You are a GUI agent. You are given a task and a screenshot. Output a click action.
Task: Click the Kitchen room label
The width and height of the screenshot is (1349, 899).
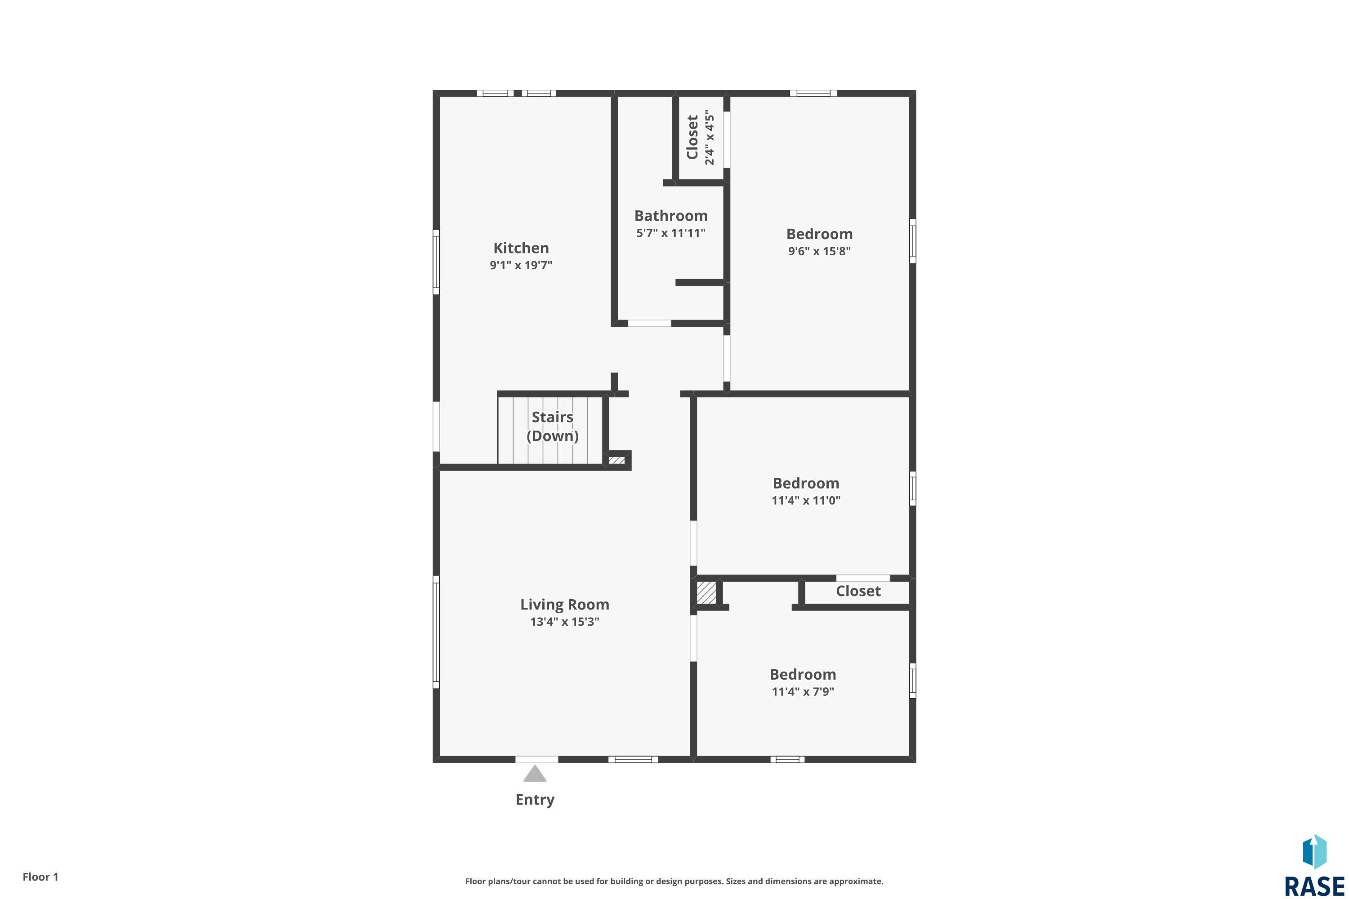pyautogui.click(x=521, y=248)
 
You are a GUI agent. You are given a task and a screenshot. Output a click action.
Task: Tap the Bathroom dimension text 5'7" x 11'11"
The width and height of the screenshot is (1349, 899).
pyautogui.click(x=670, y=233)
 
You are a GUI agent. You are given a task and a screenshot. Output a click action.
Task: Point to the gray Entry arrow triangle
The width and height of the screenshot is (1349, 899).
pyautogui.click(x=535, y=774)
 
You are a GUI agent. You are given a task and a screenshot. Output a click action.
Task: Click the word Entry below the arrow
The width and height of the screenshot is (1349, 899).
pyautogui.click(x=535, y=799)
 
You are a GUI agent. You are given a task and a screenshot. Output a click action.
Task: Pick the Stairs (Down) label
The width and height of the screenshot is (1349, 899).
pyautogui.click(x=552, y=426)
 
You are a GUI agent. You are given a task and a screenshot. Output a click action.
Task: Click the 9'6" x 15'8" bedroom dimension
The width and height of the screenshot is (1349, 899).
pyautogui.click(x=819, y=251)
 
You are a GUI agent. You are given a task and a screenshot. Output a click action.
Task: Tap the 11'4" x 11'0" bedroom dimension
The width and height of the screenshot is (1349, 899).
pyautogui.click(x=806, y=500)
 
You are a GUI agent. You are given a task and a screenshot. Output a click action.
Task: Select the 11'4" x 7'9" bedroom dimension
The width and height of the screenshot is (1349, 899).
pyautogui.click(x=802, y=691)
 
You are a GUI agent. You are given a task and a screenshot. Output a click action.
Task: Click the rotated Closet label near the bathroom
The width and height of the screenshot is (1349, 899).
pyautogui.click(x=692, y=137)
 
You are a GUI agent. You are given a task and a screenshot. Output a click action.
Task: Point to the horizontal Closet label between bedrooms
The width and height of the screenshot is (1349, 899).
pyautogui.click(x=858, y=591)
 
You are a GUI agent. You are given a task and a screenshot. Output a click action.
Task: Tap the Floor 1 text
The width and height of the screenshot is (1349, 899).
pyautogui.click(x=40, y=877)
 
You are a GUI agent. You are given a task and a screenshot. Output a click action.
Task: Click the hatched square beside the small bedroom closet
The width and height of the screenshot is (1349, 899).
pyautogui.click(x=706, y=593)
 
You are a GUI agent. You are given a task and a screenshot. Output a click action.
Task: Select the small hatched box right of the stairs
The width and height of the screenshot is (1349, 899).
pyautogui.click(x=616, y=460)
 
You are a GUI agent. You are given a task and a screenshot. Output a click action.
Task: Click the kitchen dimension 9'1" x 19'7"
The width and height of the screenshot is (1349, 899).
pyautogui.click(x=521, y=265)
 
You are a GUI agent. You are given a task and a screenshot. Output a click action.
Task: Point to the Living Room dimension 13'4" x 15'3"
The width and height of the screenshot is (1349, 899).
pyautogui.click(x=564, y=622)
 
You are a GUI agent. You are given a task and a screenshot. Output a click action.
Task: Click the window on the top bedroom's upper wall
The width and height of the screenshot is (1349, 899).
pyautogui.click(x=813, y=93)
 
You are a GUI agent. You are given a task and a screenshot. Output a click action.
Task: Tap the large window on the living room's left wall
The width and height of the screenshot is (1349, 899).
pyautogui.click(x=436, y=632)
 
